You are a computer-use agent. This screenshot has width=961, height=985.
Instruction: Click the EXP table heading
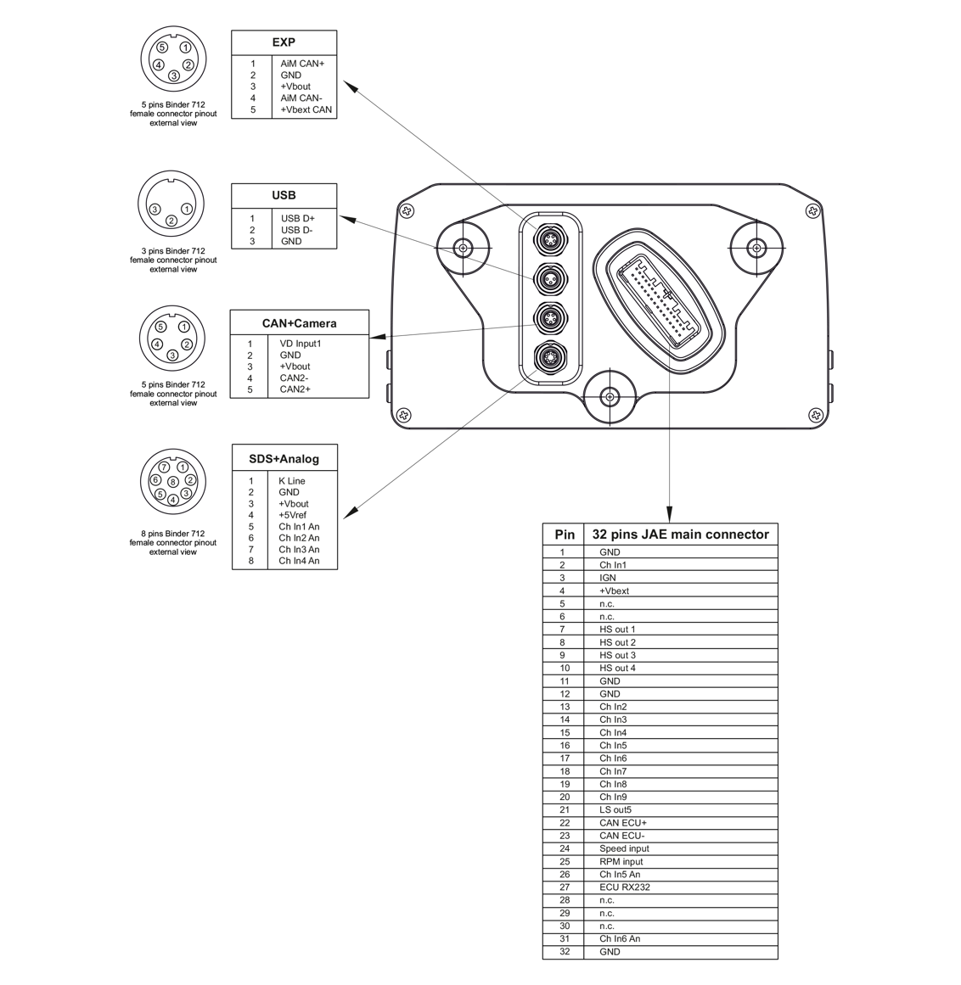pos(284,42)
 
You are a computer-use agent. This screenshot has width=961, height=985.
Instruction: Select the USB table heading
pos(284,195)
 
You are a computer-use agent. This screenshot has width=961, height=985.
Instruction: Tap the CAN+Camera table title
pos(299,323)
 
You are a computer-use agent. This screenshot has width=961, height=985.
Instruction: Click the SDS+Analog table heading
pos(284,459)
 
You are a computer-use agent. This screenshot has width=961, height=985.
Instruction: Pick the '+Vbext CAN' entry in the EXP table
pos(306,109)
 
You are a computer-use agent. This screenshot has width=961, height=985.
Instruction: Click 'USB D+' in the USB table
pos(298,218)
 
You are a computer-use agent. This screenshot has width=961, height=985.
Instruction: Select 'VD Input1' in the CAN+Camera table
pos(301,344)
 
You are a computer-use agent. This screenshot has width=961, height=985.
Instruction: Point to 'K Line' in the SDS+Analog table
pos(291,481)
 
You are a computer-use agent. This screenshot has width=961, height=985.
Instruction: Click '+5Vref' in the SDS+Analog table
pos(292,515)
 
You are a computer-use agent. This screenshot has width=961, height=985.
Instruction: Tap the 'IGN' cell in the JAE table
pos(608,578)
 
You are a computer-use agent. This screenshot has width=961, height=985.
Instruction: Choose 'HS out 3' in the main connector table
pos(617,655)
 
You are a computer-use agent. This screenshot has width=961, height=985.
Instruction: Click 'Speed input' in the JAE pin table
pos(624,848)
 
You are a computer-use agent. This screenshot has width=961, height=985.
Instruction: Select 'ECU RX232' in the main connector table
pos(624,887)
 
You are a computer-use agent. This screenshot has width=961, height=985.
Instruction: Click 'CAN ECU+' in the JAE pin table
pos(623,823)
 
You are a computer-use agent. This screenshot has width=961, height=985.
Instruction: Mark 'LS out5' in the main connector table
pos(615,810)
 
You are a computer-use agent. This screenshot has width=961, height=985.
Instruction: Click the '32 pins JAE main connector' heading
pos(680,534)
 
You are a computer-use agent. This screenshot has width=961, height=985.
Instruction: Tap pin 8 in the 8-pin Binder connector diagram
pos(172,482)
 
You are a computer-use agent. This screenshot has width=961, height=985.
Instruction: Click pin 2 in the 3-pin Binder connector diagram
pos(171,221)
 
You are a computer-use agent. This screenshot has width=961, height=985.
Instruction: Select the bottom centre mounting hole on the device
pos(608,396)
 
